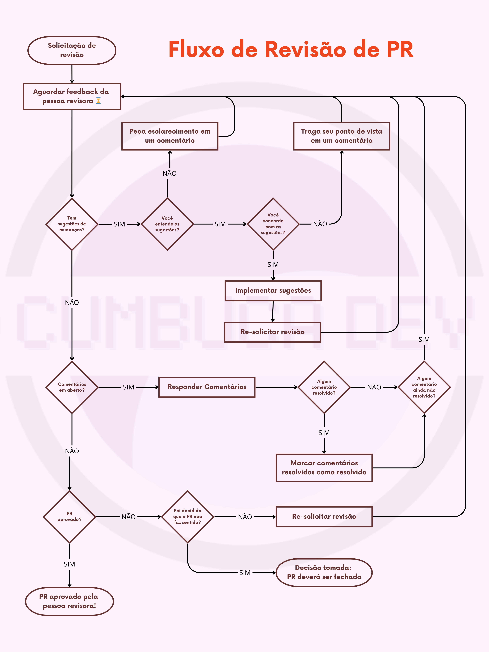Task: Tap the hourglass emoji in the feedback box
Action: pos(98,101)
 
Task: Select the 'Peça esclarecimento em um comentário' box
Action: pos(170,136)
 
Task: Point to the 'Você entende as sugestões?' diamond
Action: pos(167,224)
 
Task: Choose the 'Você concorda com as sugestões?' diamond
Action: pos(273,224)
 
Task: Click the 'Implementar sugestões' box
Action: pos(273,291)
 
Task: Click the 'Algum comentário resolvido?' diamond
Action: pos(324,387)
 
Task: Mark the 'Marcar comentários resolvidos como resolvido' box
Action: pos(324,468)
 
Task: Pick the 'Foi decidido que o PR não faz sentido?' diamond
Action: pos(187,517)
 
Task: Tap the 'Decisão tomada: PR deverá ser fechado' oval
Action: pos(324,572)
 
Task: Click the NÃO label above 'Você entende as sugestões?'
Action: pos(170,173)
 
